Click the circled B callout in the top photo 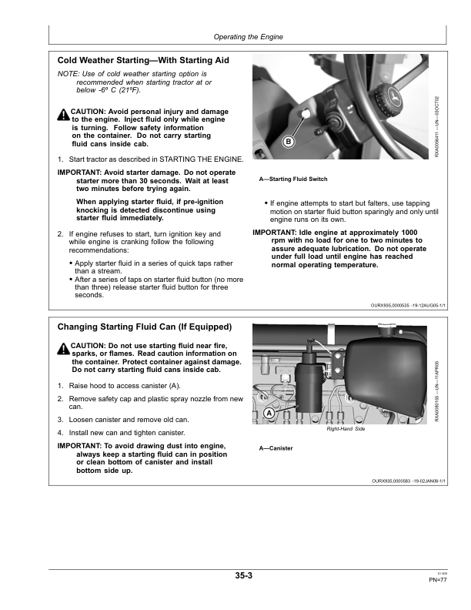(288, 142)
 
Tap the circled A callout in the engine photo (269, 414)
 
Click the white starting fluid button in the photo (305, 115)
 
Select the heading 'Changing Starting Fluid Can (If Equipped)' (144, 327)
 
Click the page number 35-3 (245, 575)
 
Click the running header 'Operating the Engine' (247, 37)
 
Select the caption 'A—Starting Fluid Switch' (293, 179)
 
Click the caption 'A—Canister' (276, 448)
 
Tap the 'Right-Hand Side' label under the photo (345, 431)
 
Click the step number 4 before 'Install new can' (60, 434)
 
